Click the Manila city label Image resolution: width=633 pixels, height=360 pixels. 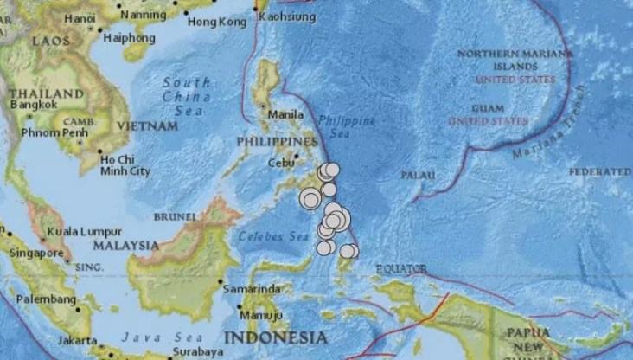[285, 114]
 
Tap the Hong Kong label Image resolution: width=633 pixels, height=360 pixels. [211, 21]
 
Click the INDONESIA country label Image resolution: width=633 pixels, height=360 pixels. [275, 337]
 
